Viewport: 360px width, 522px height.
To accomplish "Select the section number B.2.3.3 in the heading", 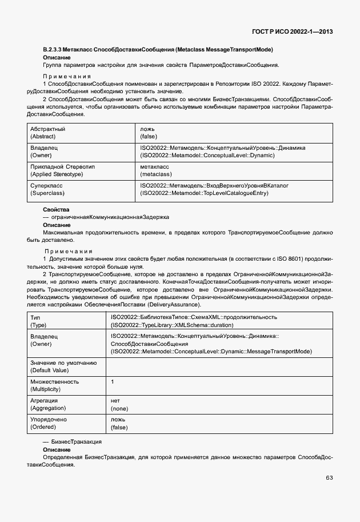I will (x=55, y=50).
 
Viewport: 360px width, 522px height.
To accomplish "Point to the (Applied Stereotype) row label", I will (x=57, y=174).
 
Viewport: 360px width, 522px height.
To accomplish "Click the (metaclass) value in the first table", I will (x=156, y=174).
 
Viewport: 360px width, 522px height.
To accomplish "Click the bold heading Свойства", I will (x=56, y=210).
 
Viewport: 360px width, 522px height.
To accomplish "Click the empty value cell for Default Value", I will (x=219, y=366).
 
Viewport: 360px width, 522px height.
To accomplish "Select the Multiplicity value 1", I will (x=112, y=381).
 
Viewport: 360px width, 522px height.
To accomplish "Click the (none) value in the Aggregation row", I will (x=119, y=408).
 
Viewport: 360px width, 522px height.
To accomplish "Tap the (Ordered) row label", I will (x=45, y=427).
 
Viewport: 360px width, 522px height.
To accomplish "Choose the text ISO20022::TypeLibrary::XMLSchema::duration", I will (x=172, y=324).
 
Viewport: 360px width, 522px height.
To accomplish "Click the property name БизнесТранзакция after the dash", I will (x=76, y=443).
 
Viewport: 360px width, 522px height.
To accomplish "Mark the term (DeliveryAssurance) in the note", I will (x=174, y=304).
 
